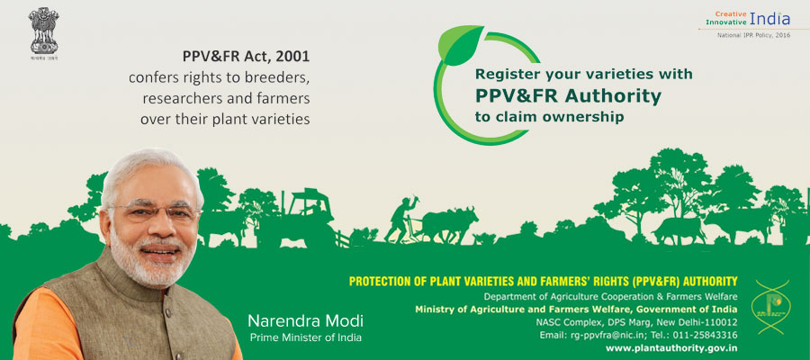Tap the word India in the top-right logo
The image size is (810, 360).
(770, 18)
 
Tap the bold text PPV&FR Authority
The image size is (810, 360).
(568, 95)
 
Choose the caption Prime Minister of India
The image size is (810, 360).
(298, 337)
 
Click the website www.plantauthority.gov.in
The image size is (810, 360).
(671, 347)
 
